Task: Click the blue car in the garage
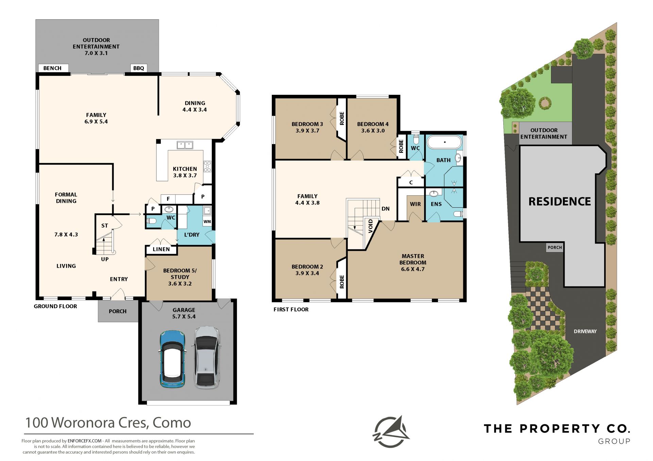[173, 359]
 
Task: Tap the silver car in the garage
[207, 357]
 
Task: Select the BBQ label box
[139, 68]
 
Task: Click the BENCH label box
[53, 68]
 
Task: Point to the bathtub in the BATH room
[445, 142]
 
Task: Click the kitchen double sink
[185, 145]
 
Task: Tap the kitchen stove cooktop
[207, 166]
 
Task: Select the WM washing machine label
[207, 221]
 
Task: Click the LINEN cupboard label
[161, 249]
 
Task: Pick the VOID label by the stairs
[371, 226]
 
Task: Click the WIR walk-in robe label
[415, 204]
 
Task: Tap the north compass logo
[391, 432]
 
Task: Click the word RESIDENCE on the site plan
[560, 201]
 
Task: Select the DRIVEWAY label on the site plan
[585, 331]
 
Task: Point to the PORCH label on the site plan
[555, 248]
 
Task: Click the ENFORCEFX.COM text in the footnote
[85, 441]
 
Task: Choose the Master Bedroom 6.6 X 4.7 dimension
[413, 269]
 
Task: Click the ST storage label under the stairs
[104, 226]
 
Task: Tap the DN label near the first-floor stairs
[385, 209]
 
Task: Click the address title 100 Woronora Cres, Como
[108, 423]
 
